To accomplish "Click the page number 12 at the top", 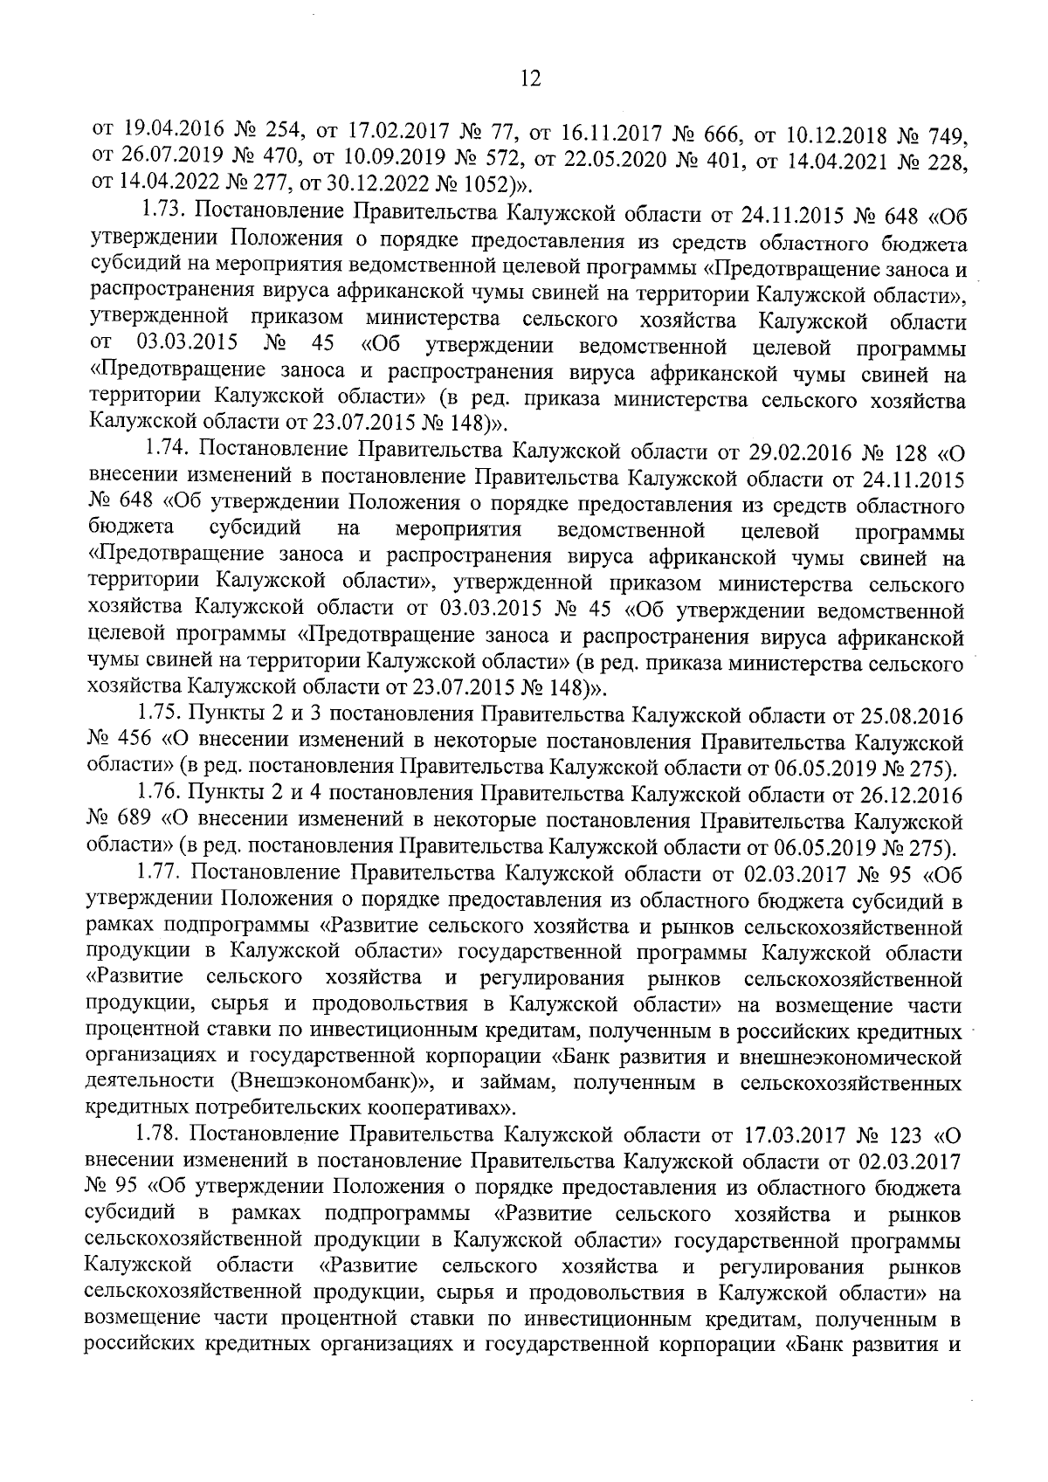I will coord(529,79).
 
